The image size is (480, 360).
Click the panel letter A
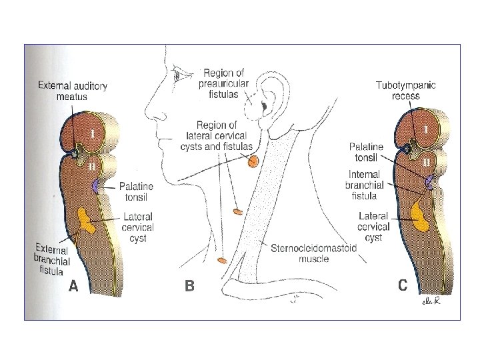pos(75,287)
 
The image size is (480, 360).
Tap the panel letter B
pos(190,287)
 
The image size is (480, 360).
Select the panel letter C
pos(403,285)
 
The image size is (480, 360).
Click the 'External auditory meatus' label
pos(73,91)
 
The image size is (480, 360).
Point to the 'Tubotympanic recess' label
pos(407,91)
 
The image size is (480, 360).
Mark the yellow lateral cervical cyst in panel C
pos(421,215)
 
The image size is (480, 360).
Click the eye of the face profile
pos(177,75)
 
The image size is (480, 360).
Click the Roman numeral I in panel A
pos(93,134)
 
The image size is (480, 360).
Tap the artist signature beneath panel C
pos(432,302)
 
